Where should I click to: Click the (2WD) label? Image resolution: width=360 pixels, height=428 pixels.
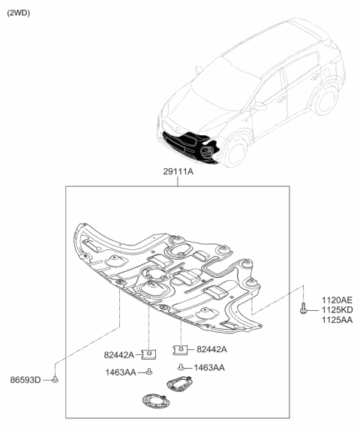(x=18, y=13)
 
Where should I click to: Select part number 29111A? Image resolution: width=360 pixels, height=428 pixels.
(x=178, y=172)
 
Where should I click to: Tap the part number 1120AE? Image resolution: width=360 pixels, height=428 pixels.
(x=337, y=300)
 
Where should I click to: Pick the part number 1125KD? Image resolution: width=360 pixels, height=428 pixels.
(x=337, y=310)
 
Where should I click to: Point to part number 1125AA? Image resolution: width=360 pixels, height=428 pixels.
(x=337, y=320)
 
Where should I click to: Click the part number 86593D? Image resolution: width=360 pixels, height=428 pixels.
(x=25, y=380)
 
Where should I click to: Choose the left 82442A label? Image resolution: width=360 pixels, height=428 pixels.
(x=119, y=355)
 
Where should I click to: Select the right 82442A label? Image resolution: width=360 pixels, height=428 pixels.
(x=211, y=349)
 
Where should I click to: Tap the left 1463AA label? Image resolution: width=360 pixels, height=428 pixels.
(x=121, y=372)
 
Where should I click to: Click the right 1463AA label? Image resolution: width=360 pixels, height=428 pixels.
(x=209, y=368)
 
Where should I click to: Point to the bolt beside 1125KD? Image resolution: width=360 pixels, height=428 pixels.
(x=303, y=308)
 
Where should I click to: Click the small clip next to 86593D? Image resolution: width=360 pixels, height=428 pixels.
(x=55, y=379)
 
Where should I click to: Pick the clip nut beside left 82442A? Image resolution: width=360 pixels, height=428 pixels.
(x=149, y=354)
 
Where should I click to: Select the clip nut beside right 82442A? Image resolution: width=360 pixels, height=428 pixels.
(x=180, y=350)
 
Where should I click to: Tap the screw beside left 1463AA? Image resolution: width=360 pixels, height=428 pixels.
(x=149, y=372)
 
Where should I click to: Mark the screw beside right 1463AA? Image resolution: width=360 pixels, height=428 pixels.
(x=181, y=367)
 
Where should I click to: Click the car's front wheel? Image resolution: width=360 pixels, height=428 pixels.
(x=235, y=152)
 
